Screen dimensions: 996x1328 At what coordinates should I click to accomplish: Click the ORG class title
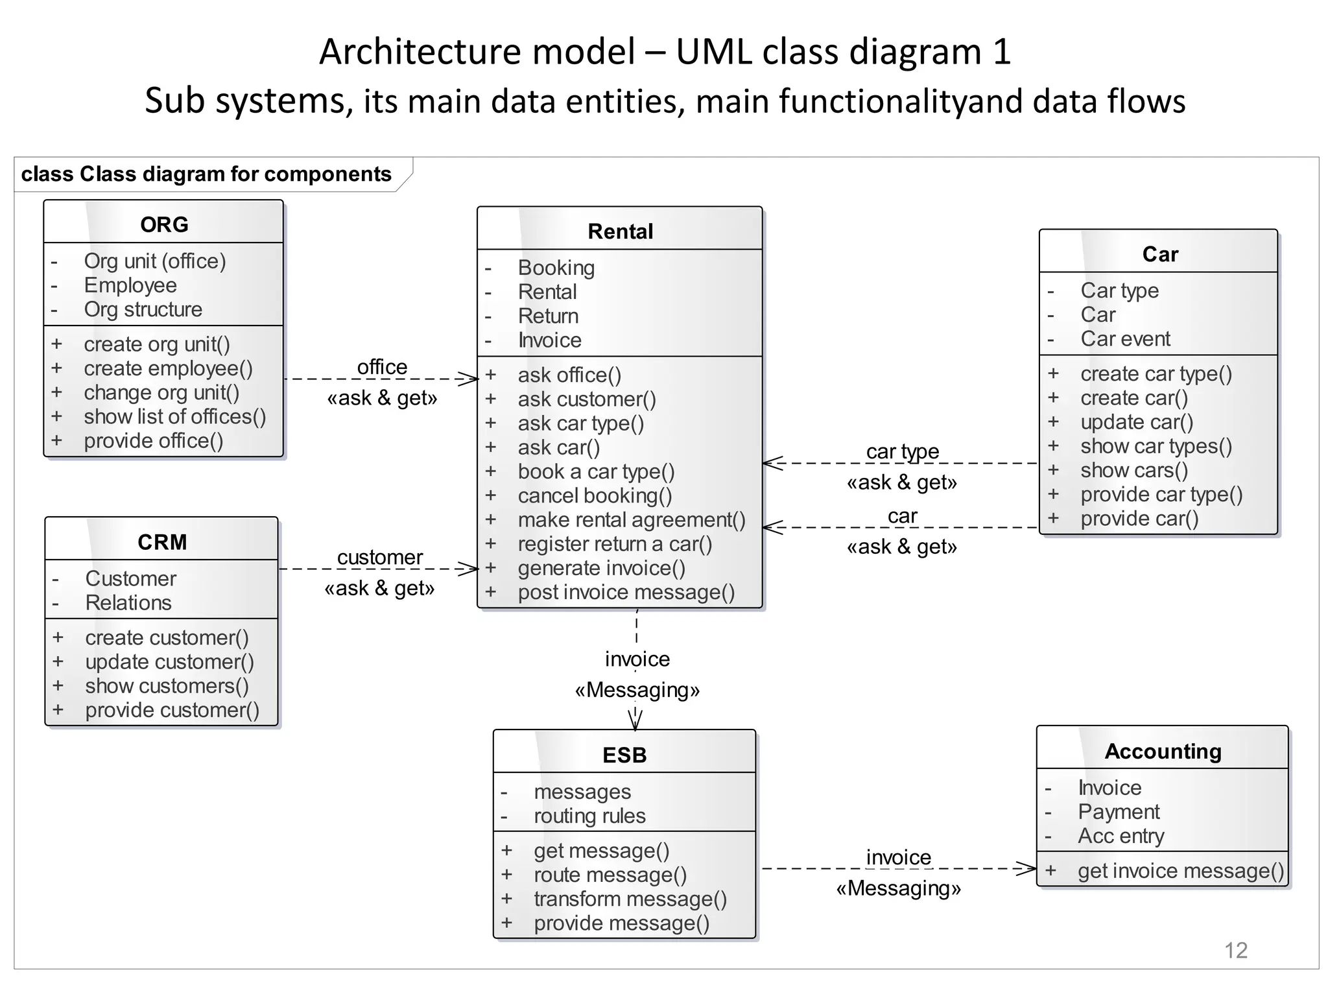click(164, 224)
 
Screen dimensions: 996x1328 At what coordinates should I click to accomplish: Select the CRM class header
click(162, 541)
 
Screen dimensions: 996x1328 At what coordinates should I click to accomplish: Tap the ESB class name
click(624, 755)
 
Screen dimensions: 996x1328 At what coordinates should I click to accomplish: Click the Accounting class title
click(1163, 751)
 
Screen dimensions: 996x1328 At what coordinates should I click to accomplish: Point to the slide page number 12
click(1235, 950)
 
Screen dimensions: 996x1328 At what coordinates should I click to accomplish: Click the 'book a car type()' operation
click(596, 471)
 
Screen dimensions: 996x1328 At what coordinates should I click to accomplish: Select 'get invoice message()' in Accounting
click(1180, 870)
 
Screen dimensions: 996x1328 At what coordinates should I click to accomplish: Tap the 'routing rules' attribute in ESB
click(589, 816)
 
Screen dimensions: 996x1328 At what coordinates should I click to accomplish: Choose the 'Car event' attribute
click(1125, 338)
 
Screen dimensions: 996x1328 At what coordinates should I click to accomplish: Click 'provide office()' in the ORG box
click(153, 441)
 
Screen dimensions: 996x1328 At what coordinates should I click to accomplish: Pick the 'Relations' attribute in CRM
click(128, 602)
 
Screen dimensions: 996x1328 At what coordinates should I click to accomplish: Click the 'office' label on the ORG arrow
click(382, 367)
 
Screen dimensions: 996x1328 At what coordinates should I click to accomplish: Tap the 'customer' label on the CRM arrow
click(380, 557)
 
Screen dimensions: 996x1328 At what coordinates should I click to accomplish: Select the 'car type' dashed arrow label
click(902, 451)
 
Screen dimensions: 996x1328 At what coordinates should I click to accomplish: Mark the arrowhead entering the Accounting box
click(1027, 868)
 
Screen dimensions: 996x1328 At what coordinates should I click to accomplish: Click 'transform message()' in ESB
click(630, 899)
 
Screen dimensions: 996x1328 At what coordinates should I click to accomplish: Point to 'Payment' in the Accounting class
click(1119, 811)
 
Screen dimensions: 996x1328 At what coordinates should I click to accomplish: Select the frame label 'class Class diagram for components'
click(206, 174)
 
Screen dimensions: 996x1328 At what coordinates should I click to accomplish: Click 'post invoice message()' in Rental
click(626, 592)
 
